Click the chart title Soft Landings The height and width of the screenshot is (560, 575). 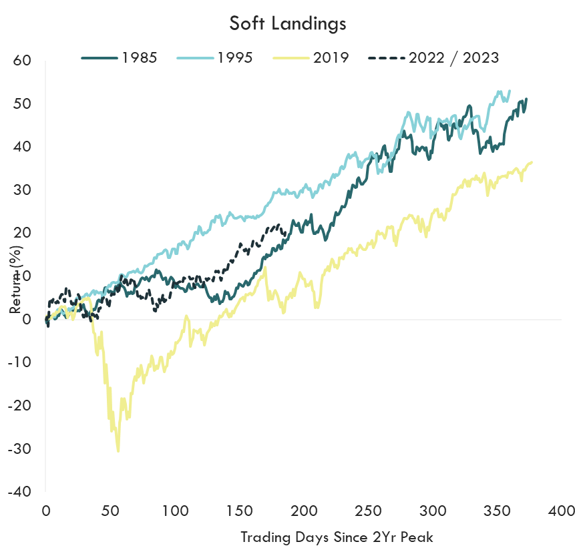tap(287, 23)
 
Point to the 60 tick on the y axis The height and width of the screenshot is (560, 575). tap(23, 61)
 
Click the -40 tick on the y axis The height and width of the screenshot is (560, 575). tap(20, 491)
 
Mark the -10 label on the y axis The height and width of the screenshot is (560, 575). tap(20, 362)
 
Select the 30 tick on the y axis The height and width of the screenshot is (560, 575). tap(23, 190)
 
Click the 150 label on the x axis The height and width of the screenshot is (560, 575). tap(239, 511)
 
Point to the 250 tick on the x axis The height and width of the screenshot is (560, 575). tap(368, 511)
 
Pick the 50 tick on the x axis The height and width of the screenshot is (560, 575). tap(110, 511)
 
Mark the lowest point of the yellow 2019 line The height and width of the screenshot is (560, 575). tap(119, 451)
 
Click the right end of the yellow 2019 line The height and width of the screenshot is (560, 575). tap(532, 162)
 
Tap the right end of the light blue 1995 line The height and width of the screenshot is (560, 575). tap(510, 91)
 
